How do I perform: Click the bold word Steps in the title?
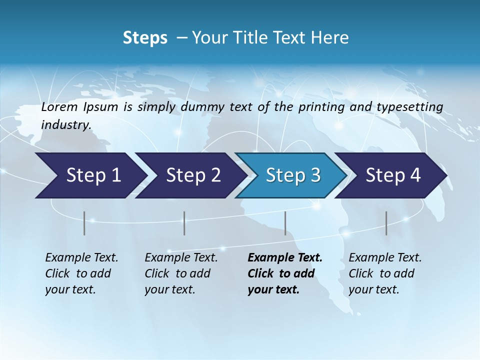click(x=145, y=38)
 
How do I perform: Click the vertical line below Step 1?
click(x=84, y=223)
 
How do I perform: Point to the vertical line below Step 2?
click(x=184, y=223)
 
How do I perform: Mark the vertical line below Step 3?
click(x=285, y=223)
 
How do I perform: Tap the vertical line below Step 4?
click(x=386, y=223)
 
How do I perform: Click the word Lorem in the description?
click(x=59, y=107)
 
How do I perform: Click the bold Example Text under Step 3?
click(x=285, y=258)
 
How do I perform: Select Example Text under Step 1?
click(x=81, y=258)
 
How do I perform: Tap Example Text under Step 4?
click(x=385, y=258)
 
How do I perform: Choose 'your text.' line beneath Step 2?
click(x=169, y=289)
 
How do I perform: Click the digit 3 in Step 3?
click(x=315, y=175)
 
